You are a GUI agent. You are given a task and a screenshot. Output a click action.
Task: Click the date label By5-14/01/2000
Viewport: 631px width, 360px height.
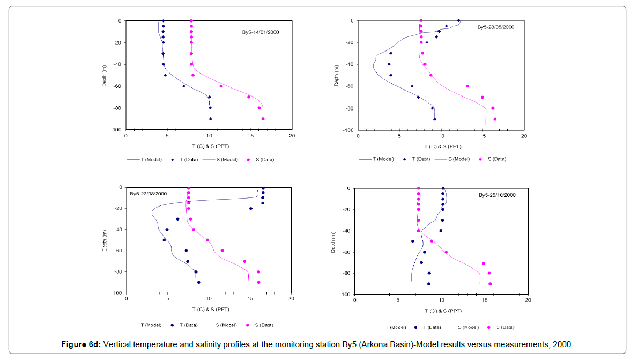[x=261, y=32]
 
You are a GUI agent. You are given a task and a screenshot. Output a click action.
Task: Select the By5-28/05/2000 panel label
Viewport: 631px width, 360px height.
[x=496, y=27]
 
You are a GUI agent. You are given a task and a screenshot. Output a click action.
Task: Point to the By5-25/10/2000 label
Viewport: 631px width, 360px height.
[x=497, y=195]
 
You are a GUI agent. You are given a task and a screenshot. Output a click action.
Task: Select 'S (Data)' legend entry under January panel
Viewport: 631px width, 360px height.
[x=263, y=159]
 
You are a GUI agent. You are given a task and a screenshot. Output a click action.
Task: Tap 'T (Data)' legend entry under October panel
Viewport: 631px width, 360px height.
[x=430, y=327]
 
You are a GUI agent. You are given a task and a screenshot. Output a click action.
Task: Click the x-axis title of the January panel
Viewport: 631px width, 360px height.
[x=209, y=145]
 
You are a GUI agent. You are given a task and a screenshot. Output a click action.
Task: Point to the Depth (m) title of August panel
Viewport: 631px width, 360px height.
[x=105, y=240]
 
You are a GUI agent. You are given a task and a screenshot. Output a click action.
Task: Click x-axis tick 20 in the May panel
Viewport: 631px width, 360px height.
[x=524, y=136]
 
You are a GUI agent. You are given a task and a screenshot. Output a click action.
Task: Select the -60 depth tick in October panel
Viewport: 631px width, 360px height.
[x=346, y=252]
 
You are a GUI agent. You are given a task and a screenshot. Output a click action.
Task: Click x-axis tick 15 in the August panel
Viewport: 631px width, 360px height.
[x=250, y=299]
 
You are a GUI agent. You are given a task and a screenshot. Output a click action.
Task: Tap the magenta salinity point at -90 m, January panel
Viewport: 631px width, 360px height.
[x=263, y=119]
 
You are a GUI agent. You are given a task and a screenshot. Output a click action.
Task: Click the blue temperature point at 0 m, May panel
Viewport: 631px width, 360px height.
[x=458, y=21]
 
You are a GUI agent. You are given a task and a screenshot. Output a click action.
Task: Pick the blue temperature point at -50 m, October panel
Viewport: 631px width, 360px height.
[x=413, y=241]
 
